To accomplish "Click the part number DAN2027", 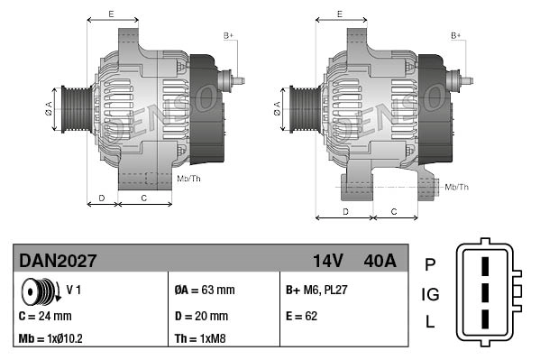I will pos(59,261).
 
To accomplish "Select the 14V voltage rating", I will pos(328,261).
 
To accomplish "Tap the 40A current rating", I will pos(379,261).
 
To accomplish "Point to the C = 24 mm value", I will pos(45,316).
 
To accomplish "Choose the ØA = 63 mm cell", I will pos(204,291).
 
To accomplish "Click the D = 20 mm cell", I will pos(201,316).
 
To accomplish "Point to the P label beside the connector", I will pos(430,264).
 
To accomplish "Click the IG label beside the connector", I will pos(430,294).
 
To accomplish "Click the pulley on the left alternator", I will pos(70,107).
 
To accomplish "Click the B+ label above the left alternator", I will pos(228,35).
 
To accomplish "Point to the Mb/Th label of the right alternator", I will pos(456,187).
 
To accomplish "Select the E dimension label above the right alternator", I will pos(338,14).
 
